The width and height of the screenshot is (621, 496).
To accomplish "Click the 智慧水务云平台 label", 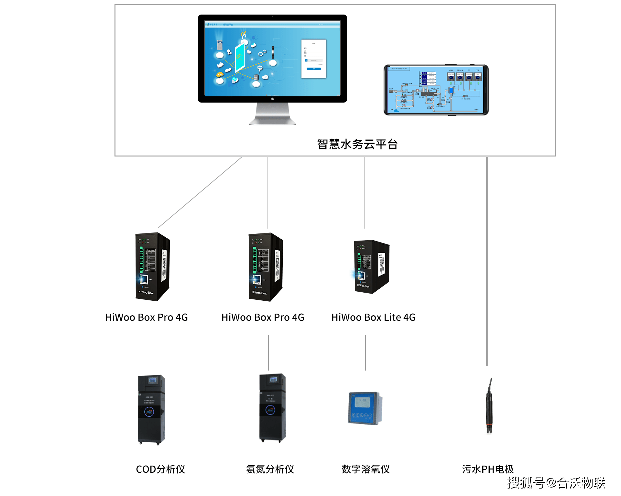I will (357, 144).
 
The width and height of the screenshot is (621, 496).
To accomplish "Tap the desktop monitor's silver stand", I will (272, 115).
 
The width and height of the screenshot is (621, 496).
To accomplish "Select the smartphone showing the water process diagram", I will (436, 90).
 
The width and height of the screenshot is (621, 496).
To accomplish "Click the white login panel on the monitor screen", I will (313, 59).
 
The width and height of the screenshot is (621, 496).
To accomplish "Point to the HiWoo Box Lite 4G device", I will (372, 267).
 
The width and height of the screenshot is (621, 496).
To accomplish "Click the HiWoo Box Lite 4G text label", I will (373, 318).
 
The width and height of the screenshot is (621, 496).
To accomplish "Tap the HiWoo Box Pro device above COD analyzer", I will (152, 267).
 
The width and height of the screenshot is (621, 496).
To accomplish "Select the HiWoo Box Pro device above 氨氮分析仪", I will (266, 267).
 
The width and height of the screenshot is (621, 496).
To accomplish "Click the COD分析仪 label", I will (160, 469).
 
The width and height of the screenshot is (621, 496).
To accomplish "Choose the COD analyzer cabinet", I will (151, 409).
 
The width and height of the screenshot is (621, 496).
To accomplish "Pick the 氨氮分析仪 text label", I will (270, 469).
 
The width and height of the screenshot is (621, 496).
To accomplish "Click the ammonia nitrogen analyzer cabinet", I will (273, 408).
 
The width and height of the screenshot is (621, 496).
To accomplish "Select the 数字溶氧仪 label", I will (365, 469).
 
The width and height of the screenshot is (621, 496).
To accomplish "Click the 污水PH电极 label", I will (488, 469).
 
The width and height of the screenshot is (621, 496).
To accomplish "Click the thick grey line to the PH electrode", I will (487, 259).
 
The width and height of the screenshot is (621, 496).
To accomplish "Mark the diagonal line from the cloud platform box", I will (200, 192).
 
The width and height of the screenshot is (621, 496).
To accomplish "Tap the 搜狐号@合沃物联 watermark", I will (556, 483).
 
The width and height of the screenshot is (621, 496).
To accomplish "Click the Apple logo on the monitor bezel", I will (272, 99).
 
